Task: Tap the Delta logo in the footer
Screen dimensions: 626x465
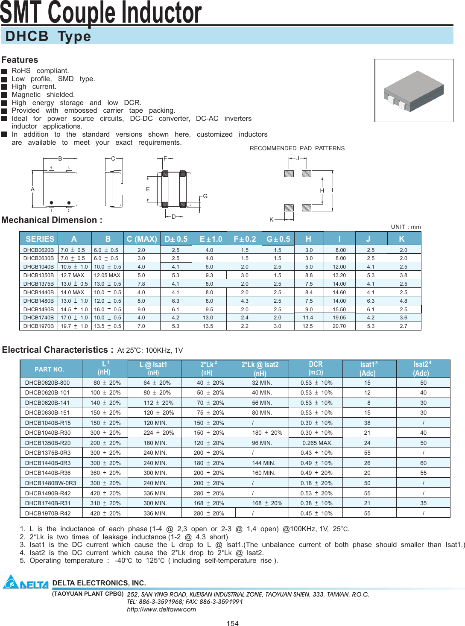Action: click(x=26, y=582)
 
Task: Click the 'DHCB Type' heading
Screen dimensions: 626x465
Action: click(x=48, y=36)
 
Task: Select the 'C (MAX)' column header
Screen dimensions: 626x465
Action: click(x=142, y=239)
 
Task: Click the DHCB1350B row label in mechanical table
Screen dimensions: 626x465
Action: click(x=38, y=275)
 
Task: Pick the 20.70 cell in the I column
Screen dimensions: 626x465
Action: click(x=339, y=326)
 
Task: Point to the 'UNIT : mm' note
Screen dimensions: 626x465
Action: click(x=406, y=227)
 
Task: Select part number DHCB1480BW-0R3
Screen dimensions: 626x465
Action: click(x=50, y=483)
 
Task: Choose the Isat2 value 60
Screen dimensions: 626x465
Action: click(x=423, y=463)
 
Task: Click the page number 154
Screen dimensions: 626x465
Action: click(x=232, y=623)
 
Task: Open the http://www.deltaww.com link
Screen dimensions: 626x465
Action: click(x=161, y=609)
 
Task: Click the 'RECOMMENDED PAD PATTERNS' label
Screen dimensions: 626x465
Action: click(x=297, y=148)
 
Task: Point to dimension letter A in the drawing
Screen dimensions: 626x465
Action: click(x=32, y=189)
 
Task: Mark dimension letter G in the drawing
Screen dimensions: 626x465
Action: click(x=205, y=196)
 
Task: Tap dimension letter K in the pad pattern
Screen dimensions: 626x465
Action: click(x=271, y=219)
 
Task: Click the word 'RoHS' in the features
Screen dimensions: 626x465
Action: click(x=21, y=70)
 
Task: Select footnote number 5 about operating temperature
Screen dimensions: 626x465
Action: click(x=23, y=560)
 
